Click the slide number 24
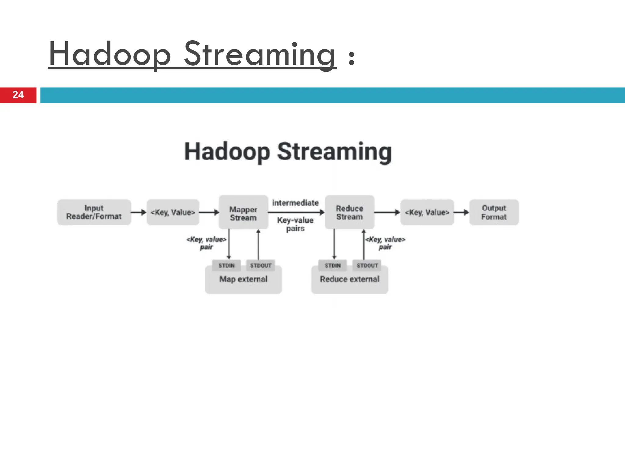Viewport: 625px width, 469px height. [x=18, y=95]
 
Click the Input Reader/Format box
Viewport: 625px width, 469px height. [x=94, y=213]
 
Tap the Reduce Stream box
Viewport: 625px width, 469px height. [x=349, y=213]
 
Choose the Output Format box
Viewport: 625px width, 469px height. [x=494, y=213]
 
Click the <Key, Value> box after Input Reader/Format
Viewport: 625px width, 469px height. [x=173, y=213]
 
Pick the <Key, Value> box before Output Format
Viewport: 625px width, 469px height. [x=427, y=213]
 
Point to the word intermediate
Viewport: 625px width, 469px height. [x=295, y=203]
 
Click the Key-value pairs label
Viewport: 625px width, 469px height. [x=295, y=224]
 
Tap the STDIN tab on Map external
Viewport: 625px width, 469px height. [x=226, y=266]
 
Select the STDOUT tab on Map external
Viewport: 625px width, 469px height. [x=261, y=266]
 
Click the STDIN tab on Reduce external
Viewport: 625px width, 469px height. [x=332, y=266]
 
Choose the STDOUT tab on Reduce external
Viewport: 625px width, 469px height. [x=367, y=266]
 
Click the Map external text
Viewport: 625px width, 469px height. [x=243, y=279]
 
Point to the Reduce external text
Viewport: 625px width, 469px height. [x=349, y=279]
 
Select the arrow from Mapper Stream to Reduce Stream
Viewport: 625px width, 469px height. [x=296, y=212]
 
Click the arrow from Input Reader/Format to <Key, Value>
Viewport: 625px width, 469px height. [x=139, y=212]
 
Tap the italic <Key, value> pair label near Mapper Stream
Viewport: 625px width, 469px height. [x=206, y=243]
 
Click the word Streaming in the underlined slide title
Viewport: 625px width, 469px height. [x=260, y=54]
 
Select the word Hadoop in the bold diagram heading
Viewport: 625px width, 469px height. [x=227, y=152]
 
